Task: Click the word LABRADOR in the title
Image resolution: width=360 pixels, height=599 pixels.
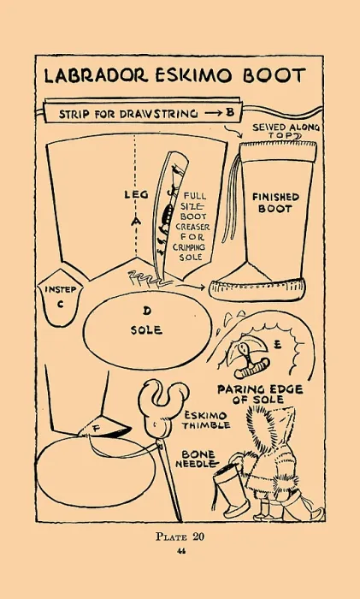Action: [x=96, y=75]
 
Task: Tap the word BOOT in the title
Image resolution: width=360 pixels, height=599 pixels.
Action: [x=274, y=75]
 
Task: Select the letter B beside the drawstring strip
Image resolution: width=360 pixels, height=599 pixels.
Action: [x=229, y=113]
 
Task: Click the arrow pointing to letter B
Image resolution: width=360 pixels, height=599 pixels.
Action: [x=213, y=114]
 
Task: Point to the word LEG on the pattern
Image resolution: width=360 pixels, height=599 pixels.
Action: [x=136, y=194]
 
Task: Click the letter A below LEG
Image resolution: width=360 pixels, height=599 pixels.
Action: [x=136, y=221]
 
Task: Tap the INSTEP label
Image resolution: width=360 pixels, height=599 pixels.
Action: [x=61, y=289]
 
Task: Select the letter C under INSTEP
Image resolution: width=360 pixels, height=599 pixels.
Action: [x=61, y=305]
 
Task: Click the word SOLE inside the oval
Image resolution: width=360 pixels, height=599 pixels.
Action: [x=146, y=330]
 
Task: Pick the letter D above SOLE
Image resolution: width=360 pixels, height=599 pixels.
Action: [x=147, y=311]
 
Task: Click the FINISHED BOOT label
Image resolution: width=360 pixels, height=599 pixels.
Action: [x=274, y=203]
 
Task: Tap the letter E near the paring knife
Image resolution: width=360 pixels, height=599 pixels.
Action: [x=278, y=345]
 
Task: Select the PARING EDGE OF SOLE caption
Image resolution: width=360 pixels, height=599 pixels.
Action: [x=260, y=394]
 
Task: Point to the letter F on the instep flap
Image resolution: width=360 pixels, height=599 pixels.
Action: [x=96, y=429]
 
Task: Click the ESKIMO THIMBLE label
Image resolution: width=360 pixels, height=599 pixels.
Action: [x=206, y=420]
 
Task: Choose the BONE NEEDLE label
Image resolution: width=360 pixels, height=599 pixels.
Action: [x=198, y=460]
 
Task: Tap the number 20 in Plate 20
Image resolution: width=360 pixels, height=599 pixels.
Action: [x=198, y=537]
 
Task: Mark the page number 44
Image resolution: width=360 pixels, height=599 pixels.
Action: [x=182, y=551]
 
